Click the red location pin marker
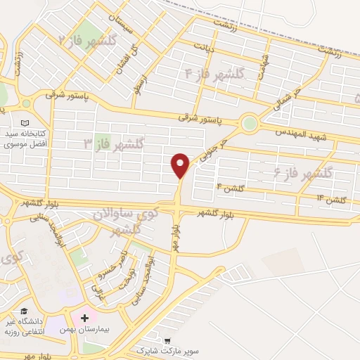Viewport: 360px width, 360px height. pyautogui.click(x=181, y=165)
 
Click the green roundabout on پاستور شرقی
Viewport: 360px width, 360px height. pyautogui.click(x=250, y=124)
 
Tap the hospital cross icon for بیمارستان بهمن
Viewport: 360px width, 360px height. pyautogui.click(x=85, y=319)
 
